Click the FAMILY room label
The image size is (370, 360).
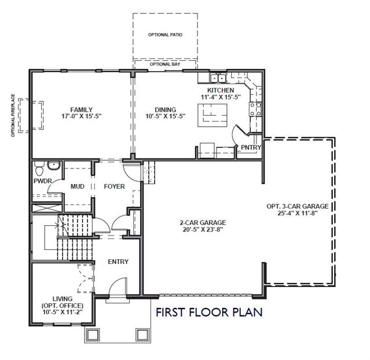82,110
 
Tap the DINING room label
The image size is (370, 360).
165,110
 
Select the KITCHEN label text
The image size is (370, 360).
221,90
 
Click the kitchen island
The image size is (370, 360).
213,115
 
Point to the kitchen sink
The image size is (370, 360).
218,78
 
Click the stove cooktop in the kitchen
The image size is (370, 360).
255,109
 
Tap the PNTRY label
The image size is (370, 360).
251,148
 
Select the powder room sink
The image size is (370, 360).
54,166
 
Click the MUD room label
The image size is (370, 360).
78,186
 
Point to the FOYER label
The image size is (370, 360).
114,186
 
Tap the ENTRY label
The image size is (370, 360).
118,262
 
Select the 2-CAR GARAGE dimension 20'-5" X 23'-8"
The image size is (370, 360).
203,229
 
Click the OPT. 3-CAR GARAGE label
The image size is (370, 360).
297,206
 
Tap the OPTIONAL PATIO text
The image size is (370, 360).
165,35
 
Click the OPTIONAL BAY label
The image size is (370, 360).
165,64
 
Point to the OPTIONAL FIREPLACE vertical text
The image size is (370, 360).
13,115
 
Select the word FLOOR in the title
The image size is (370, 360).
208,312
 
